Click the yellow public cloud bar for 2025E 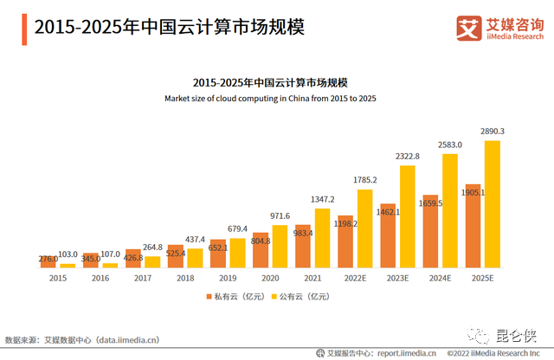pos(493,204)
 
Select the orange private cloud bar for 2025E pos(473,226)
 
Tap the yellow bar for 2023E pos(408,216)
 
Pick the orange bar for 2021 pos(303,246)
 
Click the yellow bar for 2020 pos(280,246)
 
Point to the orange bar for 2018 pos(176,256)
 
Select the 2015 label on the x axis pos(58,278)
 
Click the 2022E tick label pos(355,278)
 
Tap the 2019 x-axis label pos(228,278)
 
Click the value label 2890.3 pos(493,132)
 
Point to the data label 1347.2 pos(323,199)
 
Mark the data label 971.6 pos(280,216)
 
